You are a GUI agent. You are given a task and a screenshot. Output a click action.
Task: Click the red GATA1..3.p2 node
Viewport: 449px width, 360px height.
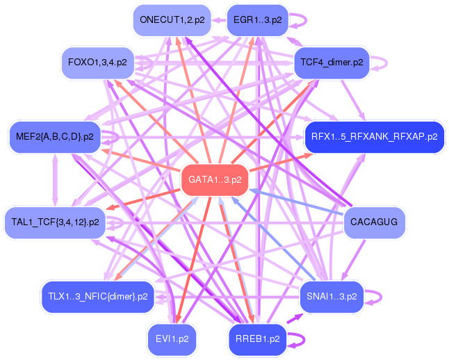pyautogui.click(x=215, y=180)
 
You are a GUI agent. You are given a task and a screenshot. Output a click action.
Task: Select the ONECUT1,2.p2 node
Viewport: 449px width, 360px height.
pyautogui.click(x=172, y=20)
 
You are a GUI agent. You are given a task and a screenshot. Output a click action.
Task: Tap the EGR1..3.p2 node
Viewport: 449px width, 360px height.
pyautogui.click(x=257, y=20)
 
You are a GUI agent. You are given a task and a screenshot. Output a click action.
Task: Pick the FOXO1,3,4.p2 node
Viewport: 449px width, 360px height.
pyautogui.click(x=97, y=63)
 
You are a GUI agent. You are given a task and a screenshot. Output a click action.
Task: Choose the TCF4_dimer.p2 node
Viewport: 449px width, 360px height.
pyautogui.click(x=332, y=63)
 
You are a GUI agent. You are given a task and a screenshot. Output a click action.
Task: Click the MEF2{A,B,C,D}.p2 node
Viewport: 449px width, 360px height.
pyautogui.click(x=55, y=137)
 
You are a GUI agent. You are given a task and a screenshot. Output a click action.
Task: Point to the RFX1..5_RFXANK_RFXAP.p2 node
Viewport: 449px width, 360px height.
pyautogui.click(x=374, y=137)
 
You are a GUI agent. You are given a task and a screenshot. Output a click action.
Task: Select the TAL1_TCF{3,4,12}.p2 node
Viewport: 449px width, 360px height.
pyautogui.click(x=55, y=222)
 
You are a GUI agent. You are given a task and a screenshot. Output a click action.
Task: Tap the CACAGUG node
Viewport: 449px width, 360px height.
pyautogui.click(x=374, y=222)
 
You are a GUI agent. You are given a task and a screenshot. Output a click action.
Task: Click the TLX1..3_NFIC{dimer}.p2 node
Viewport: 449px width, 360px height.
pyautogui.click(x=97, y=297)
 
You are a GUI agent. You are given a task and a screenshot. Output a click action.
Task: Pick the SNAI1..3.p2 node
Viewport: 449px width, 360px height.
pyautogui.click(x=332, y=297)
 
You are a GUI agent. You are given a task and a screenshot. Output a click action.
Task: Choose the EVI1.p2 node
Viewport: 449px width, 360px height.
pyautogui.click(x=172, y=339)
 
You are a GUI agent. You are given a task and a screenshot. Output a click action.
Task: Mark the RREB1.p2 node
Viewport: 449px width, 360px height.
pyautogui.click(x=257, y=339)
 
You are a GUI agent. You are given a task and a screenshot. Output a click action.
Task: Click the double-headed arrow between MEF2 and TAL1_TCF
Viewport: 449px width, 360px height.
pyautogui.click(x=55, y=180)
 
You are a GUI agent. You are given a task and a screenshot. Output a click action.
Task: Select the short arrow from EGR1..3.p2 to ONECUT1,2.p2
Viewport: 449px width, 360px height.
pyautogui.click(x=219, y=20)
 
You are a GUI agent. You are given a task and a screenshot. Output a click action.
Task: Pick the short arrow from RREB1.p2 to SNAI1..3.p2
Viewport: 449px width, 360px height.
pyautogui.click(x=295, y=318)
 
